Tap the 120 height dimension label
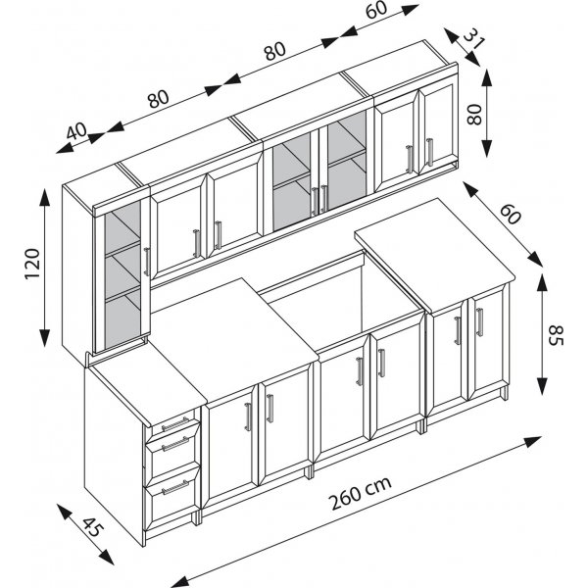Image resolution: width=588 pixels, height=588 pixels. [32, 263]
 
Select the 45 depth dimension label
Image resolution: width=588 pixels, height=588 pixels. [91, 527]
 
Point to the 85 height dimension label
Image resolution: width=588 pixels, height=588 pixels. [556, 335]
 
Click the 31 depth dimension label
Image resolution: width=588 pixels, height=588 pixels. [474, 38]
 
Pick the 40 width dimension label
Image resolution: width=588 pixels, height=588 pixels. [76, 131]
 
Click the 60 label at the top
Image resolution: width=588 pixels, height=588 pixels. [376, 10]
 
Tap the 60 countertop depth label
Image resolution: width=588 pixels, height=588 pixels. [510, 215]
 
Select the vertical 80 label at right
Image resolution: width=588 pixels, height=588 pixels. [474, 114]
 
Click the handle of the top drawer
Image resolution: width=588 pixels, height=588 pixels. [175, 423]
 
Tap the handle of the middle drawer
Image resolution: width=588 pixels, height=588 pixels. [175, 444]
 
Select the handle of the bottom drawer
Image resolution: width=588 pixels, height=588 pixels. [175, 487]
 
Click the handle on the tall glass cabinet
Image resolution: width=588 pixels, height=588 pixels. [147, 262]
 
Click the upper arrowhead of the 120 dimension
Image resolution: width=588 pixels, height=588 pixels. [45, 197]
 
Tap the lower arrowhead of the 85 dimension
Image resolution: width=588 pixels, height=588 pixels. [542, 386]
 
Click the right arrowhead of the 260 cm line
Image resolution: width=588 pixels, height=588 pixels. [533, 441]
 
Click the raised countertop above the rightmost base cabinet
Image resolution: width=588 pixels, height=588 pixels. [435, 255]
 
